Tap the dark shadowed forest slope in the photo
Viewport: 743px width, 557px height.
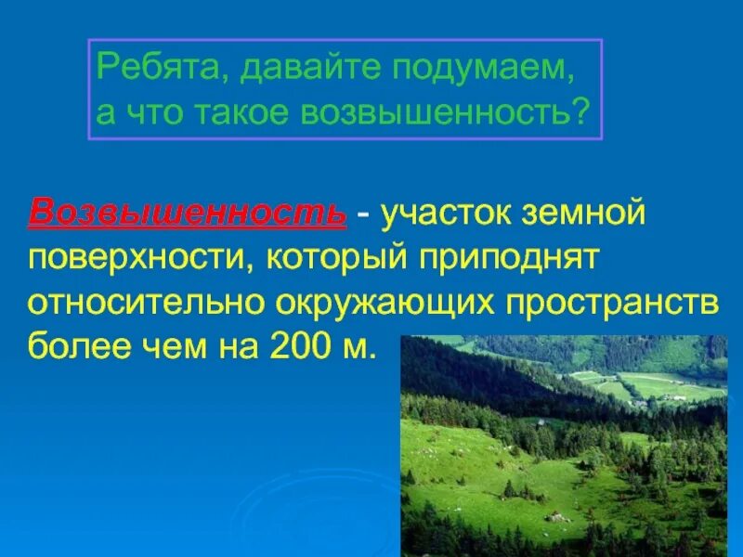483,371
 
